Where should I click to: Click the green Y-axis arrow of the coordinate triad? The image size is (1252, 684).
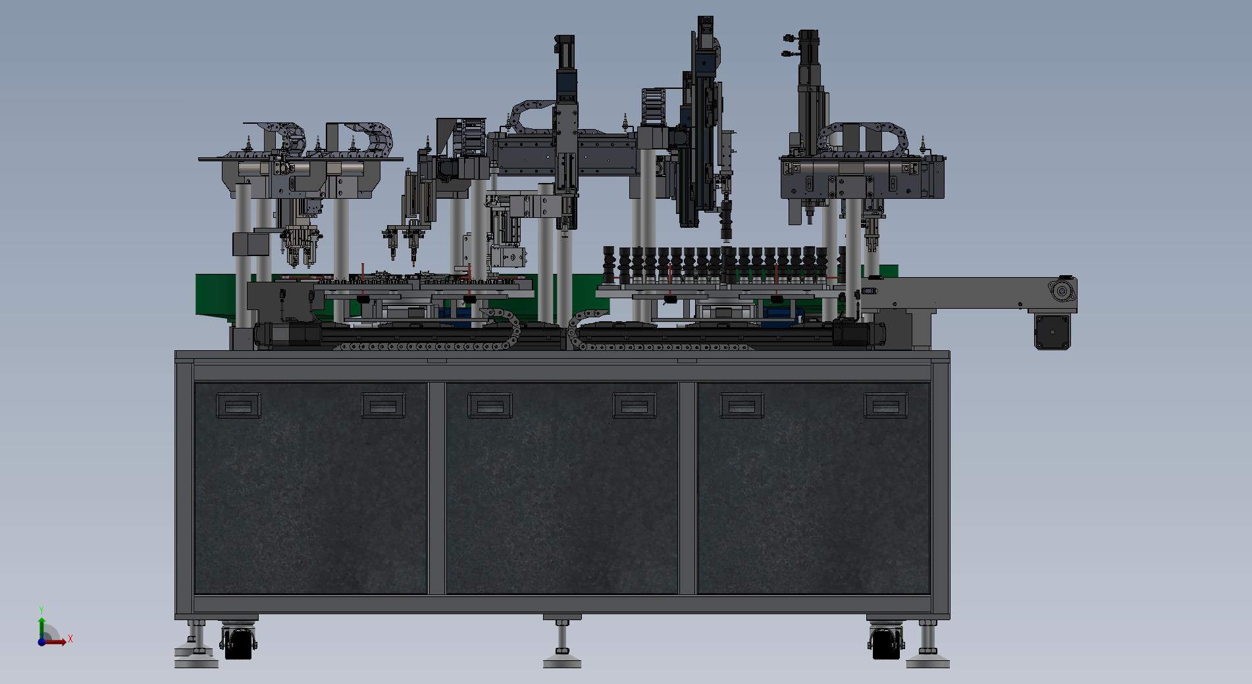coord(41,629)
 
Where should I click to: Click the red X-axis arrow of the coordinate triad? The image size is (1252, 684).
coord(55,642)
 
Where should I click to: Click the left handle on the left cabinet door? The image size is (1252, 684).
coord(238,406)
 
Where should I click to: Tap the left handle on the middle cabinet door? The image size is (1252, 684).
coord(490,406)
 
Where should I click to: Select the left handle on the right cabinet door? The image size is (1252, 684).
coord(742,406)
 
